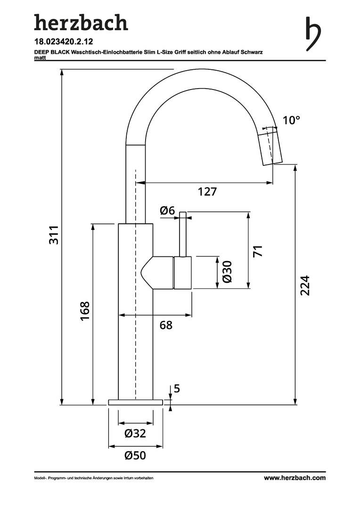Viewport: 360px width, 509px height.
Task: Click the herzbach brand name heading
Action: point(81,23)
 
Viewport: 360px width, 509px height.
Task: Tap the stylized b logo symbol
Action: point(313,34)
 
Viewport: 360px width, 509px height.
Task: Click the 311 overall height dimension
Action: point(54,235)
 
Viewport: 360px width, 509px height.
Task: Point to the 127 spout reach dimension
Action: point(207,191)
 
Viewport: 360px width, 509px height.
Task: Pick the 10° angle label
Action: point(291,120)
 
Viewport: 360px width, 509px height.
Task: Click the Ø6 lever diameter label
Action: point(167,211)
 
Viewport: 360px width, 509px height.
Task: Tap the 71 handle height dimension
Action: point(257,250)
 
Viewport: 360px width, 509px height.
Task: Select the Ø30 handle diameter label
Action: point(227,272)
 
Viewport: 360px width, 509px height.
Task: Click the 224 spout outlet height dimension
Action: point(305,285)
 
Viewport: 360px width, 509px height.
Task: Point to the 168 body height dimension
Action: point(85,311)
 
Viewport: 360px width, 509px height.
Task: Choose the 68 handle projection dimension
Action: point(165,325)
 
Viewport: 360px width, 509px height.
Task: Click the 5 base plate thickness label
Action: point(177,389)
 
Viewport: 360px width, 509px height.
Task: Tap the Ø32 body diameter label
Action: point(135,433)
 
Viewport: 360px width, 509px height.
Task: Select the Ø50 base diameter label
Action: point(135,455)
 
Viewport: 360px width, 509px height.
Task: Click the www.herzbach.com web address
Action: point(294,478)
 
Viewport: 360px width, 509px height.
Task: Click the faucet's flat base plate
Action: point(135,402)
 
